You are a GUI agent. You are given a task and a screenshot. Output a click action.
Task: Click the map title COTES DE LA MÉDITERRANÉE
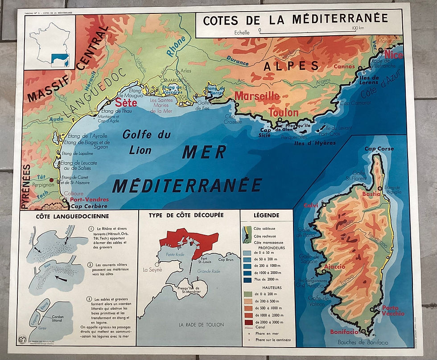[x=295, y=20]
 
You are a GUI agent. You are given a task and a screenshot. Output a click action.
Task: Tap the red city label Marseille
[x=257, y=96]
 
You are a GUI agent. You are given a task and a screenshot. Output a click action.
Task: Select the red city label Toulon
[x=284, y=112]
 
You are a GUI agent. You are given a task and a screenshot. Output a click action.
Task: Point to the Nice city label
[x=393, y=55]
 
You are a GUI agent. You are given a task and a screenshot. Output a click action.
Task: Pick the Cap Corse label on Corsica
[x=379, y=149]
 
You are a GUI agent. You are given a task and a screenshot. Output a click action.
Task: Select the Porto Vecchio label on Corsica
[x=392, y=310]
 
